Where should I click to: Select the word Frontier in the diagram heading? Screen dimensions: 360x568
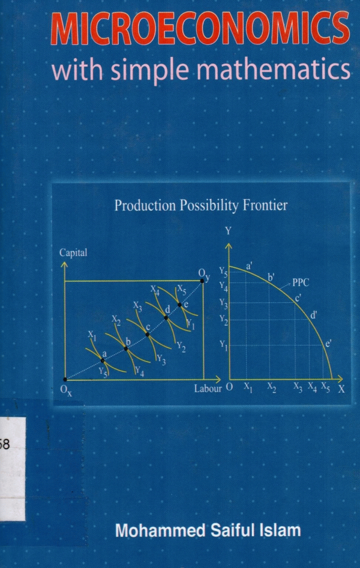(265, 205)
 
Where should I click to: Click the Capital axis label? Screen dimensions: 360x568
(73, 253)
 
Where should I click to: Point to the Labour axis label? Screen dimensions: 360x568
(208, 389)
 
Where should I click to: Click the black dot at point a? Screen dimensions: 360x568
(103, 360)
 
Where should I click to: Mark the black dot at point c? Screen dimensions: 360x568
(148, 334)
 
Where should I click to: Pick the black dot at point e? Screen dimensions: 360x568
(179, 305)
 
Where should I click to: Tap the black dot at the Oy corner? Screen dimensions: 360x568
(202, 281)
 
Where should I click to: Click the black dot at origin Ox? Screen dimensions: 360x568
(65, 379)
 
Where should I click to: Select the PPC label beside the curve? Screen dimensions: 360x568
(301, 283)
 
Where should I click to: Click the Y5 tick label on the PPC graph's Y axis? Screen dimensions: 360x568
(223, 272)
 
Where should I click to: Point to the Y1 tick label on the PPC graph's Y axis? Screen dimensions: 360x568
(224, 345)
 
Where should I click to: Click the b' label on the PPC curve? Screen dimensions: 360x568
(271, 278)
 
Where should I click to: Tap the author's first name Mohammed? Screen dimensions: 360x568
(160, 531)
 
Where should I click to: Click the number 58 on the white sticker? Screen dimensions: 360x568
(5, 444)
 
